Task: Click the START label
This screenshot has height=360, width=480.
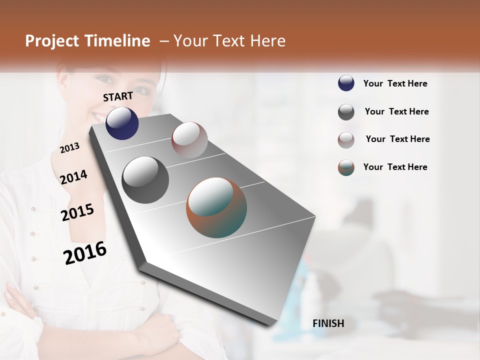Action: (x=118, y=96)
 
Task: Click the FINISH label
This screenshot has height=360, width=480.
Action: (x=328, y=323)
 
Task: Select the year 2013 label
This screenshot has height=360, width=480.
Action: (x=69, y=147)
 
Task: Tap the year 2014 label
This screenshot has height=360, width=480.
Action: (x=73, y=177)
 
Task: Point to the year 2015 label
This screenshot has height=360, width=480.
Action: (x=77, y=212)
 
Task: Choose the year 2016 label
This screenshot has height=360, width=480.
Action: (x=85, y=252)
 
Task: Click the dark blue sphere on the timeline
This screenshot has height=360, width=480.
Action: (x=122, y=123)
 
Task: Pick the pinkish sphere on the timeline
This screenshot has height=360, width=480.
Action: (x=189, y=139)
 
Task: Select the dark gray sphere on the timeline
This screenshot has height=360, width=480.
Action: (x=145, y=180)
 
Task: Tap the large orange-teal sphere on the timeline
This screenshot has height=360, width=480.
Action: (x=216, y=207)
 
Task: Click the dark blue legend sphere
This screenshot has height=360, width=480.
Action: (x=346, y=83)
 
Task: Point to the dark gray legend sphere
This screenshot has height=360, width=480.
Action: (x=346, y=112)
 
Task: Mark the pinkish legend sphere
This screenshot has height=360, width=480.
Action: (x=346, y=139)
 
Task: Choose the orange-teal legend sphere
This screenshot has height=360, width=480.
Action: (x=346, y=167)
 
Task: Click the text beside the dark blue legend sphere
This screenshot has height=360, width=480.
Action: (x=395, y=83)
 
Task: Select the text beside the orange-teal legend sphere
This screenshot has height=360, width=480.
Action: (x=395, y=167)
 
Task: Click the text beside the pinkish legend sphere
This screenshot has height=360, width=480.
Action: (x=397, y=139)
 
